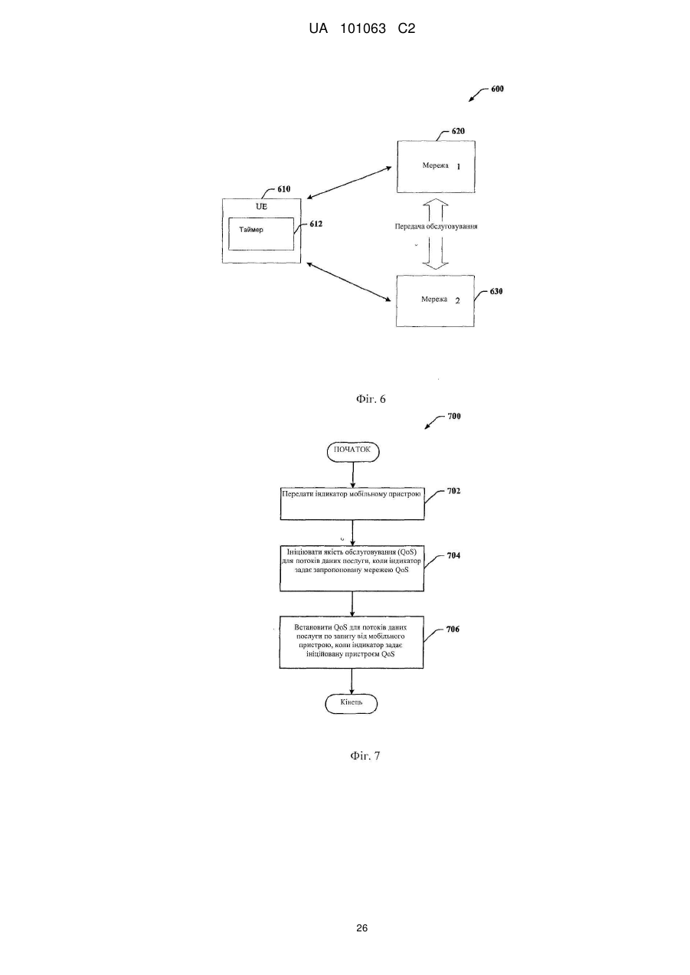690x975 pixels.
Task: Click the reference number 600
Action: [x=497, y=89]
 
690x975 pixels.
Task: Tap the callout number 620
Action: [x=458, y=131]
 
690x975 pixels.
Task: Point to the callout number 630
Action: [x=496, y=291]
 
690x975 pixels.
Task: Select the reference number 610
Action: [x=284, y=189]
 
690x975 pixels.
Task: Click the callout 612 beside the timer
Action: [x=316, y=224]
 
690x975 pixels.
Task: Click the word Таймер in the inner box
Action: [x=251, y=229]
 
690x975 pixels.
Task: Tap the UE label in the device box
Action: [x=262, y=206]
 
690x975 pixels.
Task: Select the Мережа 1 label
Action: [x=441, y=165]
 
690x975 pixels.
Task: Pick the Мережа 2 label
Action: [x=440, y=299]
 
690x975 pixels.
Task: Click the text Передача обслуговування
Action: [x=437, y=227]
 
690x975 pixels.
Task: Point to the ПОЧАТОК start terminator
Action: [x=352, y=452]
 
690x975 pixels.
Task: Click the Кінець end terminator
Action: [x=352, y=703]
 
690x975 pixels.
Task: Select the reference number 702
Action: [x=453, y=491]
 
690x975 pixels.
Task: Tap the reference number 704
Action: [x=453, y=555]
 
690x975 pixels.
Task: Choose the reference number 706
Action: [x=453, y=629]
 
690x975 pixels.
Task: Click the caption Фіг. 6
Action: [x=371, y=399]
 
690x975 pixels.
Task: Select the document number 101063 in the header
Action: [x=363, y=29]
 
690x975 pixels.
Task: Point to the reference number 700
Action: [x=454, y=416]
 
